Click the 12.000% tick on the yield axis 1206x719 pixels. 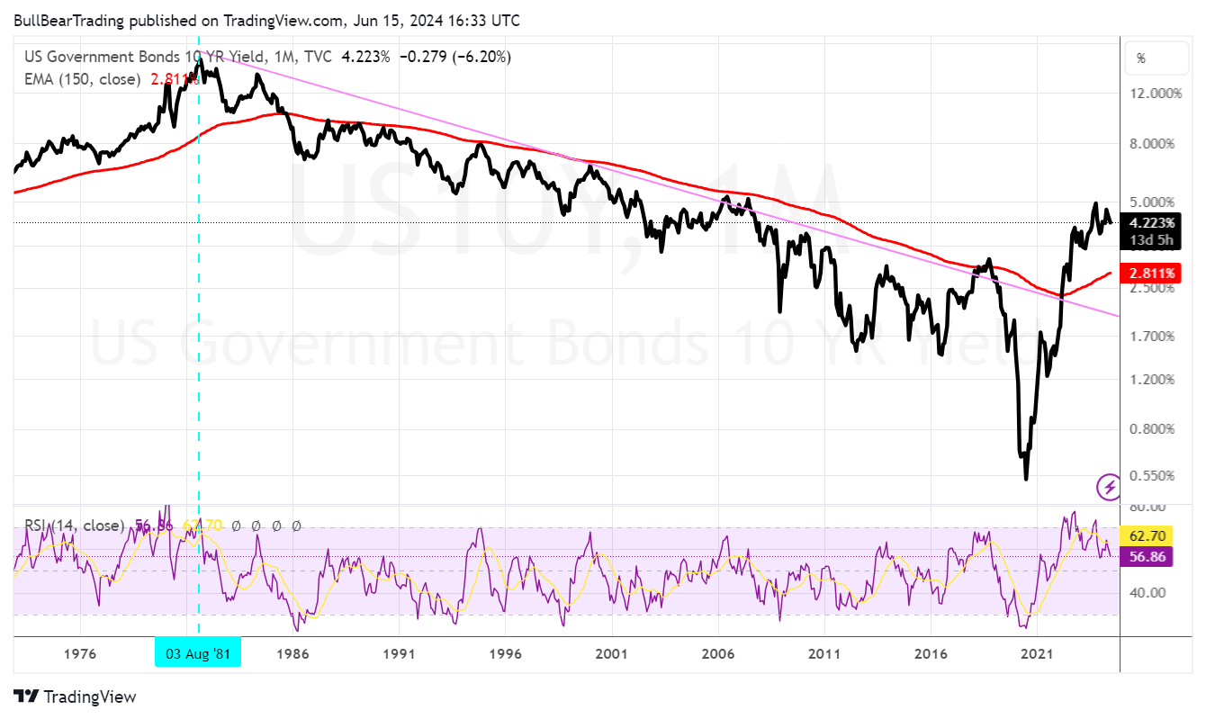tap(1153, 94)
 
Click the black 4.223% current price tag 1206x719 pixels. tap(1151, 223)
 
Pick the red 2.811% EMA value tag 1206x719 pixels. tap(1151, 273)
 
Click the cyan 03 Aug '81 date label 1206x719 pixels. tap(198, 652)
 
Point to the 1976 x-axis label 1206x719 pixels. tap(81, 652)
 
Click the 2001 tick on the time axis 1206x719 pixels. tap(612, 652)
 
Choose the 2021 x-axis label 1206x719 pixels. tap(1038, 652)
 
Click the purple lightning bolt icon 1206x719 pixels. tap(1109, 487)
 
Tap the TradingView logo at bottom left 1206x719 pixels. tap(76, 697)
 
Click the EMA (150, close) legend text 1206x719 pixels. tap(82, 79)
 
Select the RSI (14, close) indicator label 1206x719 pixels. tap(74, 526)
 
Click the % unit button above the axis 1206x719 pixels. tap(1141, 58)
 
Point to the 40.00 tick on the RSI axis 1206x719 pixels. tap(1148, 592)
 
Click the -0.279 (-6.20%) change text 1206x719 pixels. tap(454, 57)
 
